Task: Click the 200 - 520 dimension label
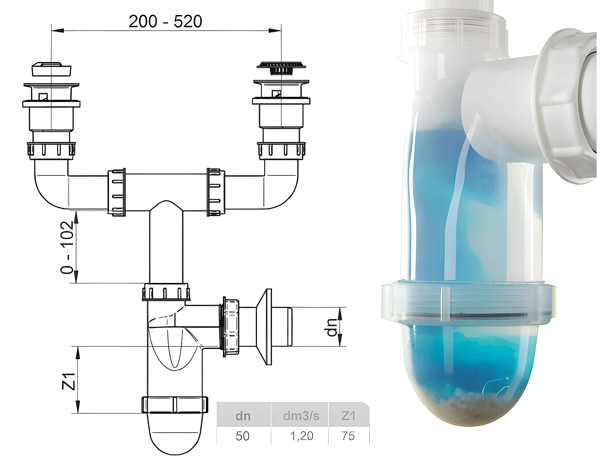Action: click(x=165, y=21)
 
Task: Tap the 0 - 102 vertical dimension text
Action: click(x=68, y=247)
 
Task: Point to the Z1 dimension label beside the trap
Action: click(x=69, y=381)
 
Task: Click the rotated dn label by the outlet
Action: click(x=332, y=327)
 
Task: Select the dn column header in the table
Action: click(x=243, y=416)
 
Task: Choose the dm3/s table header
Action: click(x=301, y=416)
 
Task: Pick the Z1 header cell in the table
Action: click(x=348, y=416)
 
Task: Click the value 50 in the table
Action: click(x=242, y=436)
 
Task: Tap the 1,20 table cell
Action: click(x=301, y=436)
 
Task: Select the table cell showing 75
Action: click(x=348, y=436)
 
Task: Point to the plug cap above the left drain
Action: click(x=51, y=69)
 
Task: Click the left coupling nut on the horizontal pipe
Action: click(x=116, y=192)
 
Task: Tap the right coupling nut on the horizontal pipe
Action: click(x=216, y=192)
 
